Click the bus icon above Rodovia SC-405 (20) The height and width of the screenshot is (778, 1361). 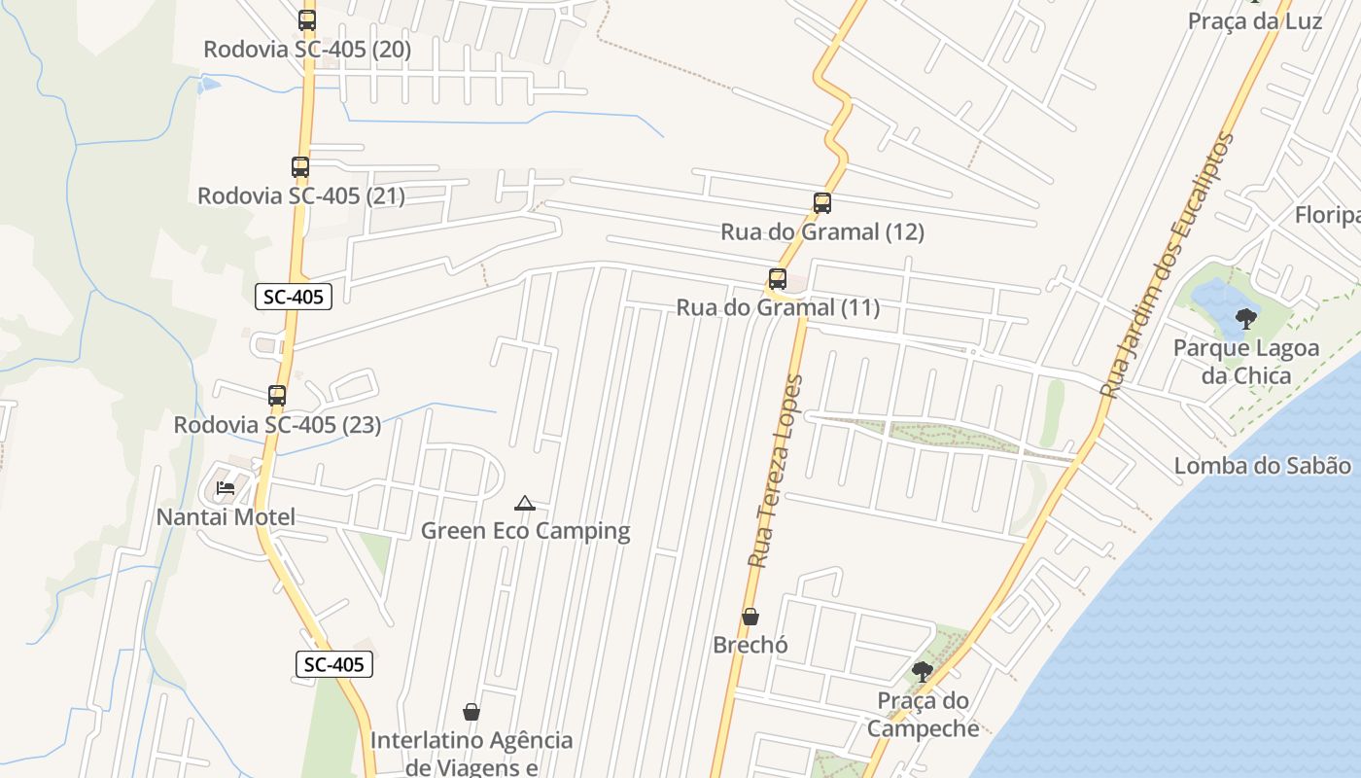(307, 20)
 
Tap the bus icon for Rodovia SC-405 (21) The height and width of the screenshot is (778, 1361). (300, 167)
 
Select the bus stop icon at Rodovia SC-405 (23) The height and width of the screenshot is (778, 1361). (277, 396)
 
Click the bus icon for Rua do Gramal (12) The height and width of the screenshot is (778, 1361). (822, 203)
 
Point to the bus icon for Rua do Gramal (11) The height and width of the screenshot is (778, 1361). (778, 279)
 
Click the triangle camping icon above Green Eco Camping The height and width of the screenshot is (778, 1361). (525, 503)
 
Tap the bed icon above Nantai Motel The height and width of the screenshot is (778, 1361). (227, 488)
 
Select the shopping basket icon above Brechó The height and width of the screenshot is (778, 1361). (750, 617)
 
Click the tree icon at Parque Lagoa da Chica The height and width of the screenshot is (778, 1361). (1245, 318)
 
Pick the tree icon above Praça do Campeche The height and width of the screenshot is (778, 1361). (922, 671)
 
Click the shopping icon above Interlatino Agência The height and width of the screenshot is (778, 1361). (471, 712)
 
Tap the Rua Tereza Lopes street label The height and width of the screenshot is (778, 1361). (777, 472)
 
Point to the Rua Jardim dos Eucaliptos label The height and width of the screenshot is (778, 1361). (1166, 265)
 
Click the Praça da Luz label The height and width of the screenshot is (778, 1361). (1255, 20)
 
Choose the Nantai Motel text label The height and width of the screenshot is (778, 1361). (226, 517)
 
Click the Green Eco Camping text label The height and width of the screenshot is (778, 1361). (525, 531)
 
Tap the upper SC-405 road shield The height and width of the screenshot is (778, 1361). (294, 297)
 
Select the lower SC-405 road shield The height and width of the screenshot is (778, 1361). (334, 665)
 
